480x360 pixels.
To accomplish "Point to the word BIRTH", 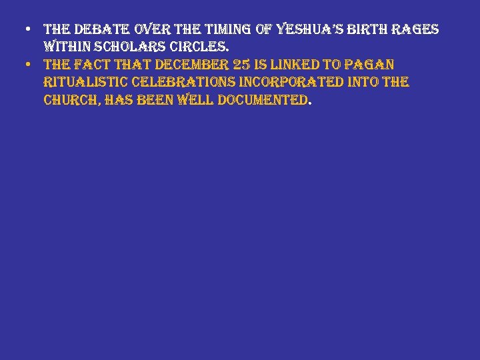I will [x=367, y=30].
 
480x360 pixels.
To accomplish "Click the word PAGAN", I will [x=374, y=65].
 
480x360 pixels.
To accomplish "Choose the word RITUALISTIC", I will [x=86, y=83].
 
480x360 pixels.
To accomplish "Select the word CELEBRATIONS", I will [x=179, y=83].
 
